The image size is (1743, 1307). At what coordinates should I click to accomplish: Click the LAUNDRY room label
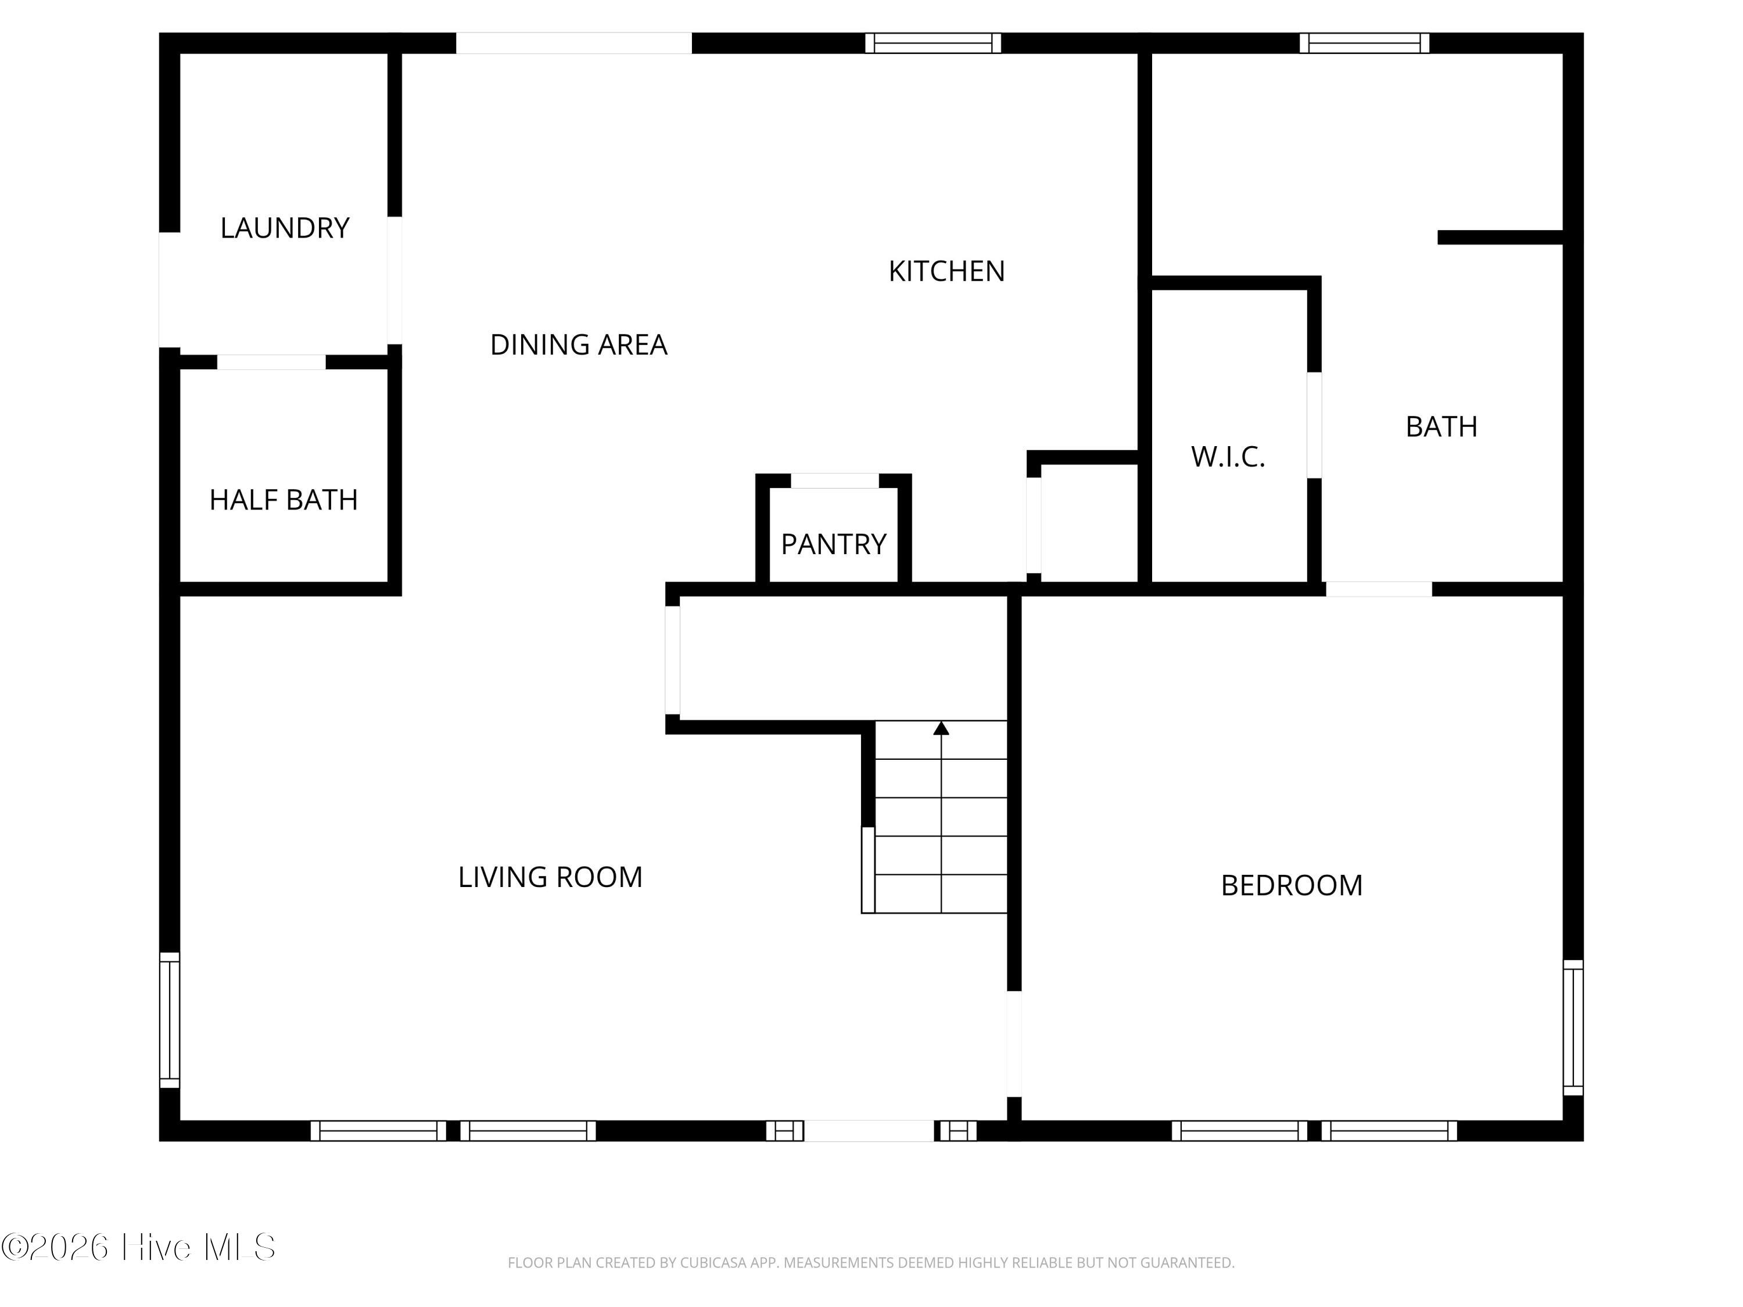pos(285,228)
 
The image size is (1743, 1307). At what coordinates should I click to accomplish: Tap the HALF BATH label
pos(284,500)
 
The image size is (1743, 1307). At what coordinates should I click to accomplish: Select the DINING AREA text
pos(578,344)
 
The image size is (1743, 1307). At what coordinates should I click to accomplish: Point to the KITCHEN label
pos(946,271)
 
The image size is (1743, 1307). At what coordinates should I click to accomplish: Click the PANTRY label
pos(834,544)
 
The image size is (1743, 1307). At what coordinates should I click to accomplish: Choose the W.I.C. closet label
pos(1228,456)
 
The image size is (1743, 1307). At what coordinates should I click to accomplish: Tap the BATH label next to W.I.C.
pos(1441,426)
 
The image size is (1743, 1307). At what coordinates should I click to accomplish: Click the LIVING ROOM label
pos(550,877)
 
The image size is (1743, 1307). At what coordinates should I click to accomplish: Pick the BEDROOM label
pos(1292,885)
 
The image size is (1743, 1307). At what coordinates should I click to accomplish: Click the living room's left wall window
pos(170,1020)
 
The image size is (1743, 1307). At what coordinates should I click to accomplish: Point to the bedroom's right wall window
pos(1573,1028)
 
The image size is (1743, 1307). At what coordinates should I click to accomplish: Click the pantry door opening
pos(834,480)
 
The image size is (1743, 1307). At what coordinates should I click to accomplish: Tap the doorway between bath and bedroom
pos(1379,589)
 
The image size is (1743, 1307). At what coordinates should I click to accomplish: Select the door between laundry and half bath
pos(271,362)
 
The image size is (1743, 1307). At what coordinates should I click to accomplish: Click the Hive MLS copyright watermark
pos(139,1247)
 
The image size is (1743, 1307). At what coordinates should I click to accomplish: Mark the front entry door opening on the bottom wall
pos(869,1130)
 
